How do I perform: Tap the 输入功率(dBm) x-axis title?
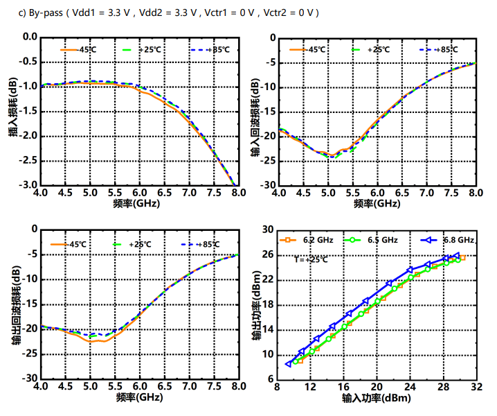pos(377,399)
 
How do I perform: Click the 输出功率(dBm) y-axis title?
pos(255,302)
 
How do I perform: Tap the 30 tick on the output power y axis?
pos(266,229)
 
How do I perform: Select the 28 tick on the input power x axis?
pos(443,388)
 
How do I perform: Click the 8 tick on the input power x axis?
pos(277,388)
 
